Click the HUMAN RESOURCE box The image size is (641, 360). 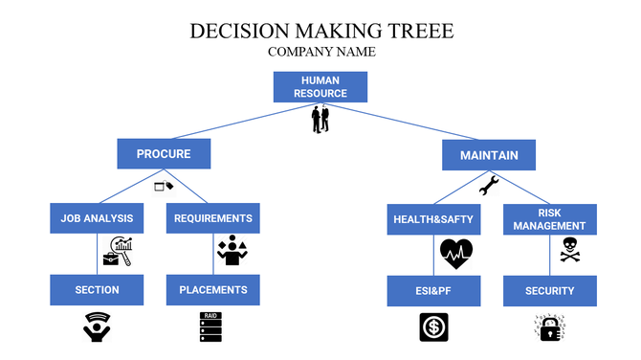click(x=320, y=86)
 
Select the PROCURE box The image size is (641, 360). click(x=164, y=154)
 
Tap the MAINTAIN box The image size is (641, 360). click(x=488, y=154)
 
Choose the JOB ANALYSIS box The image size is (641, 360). click(x=97, y=218)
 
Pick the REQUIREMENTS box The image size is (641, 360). click(x=213, y=218)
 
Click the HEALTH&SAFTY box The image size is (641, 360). click(x=433, y=219)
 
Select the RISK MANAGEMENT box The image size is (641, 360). click(x=549, y=219)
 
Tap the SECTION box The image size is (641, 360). click(x=97, y=290)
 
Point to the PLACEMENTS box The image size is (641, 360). click(x=213, y=290)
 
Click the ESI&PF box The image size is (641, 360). click(x=433, y=291)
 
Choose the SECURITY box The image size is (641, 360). click(x=549, y=291)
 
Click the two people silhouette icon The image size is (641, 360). click(x=320, y=120)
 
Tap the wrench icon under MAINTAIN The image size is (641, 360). click(x=488, y=185)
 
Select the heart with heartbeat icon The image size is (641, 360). click(x=456, y=253)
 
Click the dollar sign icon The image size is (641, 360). click(x=433, y=327)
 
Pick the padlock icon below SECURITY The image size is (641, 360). click(x=549, y=327)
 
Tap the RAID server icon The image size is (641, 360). click(x=210, y=327)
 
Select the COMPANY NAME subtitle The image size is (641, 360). click(x=321, y=52)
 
